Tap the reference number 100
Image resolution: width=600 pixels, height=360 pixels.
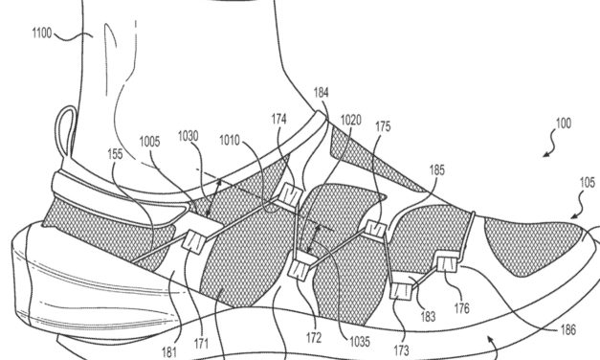click(x=564, y=125)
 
